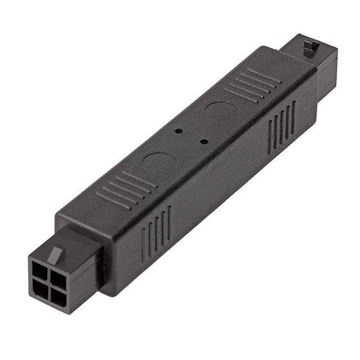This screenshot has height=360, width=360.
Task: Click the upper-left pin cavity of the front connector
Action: (x=41, y=268)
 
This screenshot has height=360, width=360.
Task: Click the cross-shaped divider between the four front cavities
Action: (x=48, y=280)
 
